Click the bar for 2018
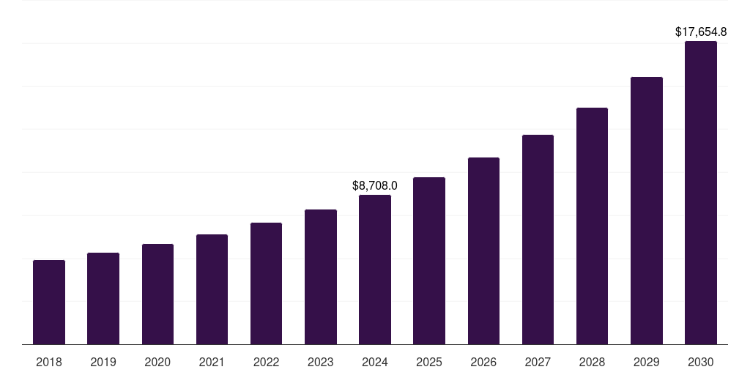49,302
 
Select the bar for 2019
103,298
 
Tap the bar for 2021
212,289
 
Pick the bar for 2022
266,283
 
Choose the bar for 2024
375,270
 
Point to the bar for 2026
483,250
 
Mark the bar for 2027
538,240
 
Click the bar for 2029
646,210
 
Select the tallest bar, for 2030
701,193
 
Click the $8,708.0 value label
375,186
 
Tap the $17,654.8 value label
701,32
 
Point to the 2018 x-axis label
49,363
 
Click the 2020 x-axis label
157,363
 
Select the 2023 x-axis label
321,363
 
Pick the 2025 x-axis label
429,363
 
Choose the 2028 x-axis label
592,363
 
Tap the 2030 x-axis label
701,363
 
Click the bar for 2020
157,294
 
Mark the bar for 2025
429,261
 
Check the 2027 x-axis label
538,363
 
